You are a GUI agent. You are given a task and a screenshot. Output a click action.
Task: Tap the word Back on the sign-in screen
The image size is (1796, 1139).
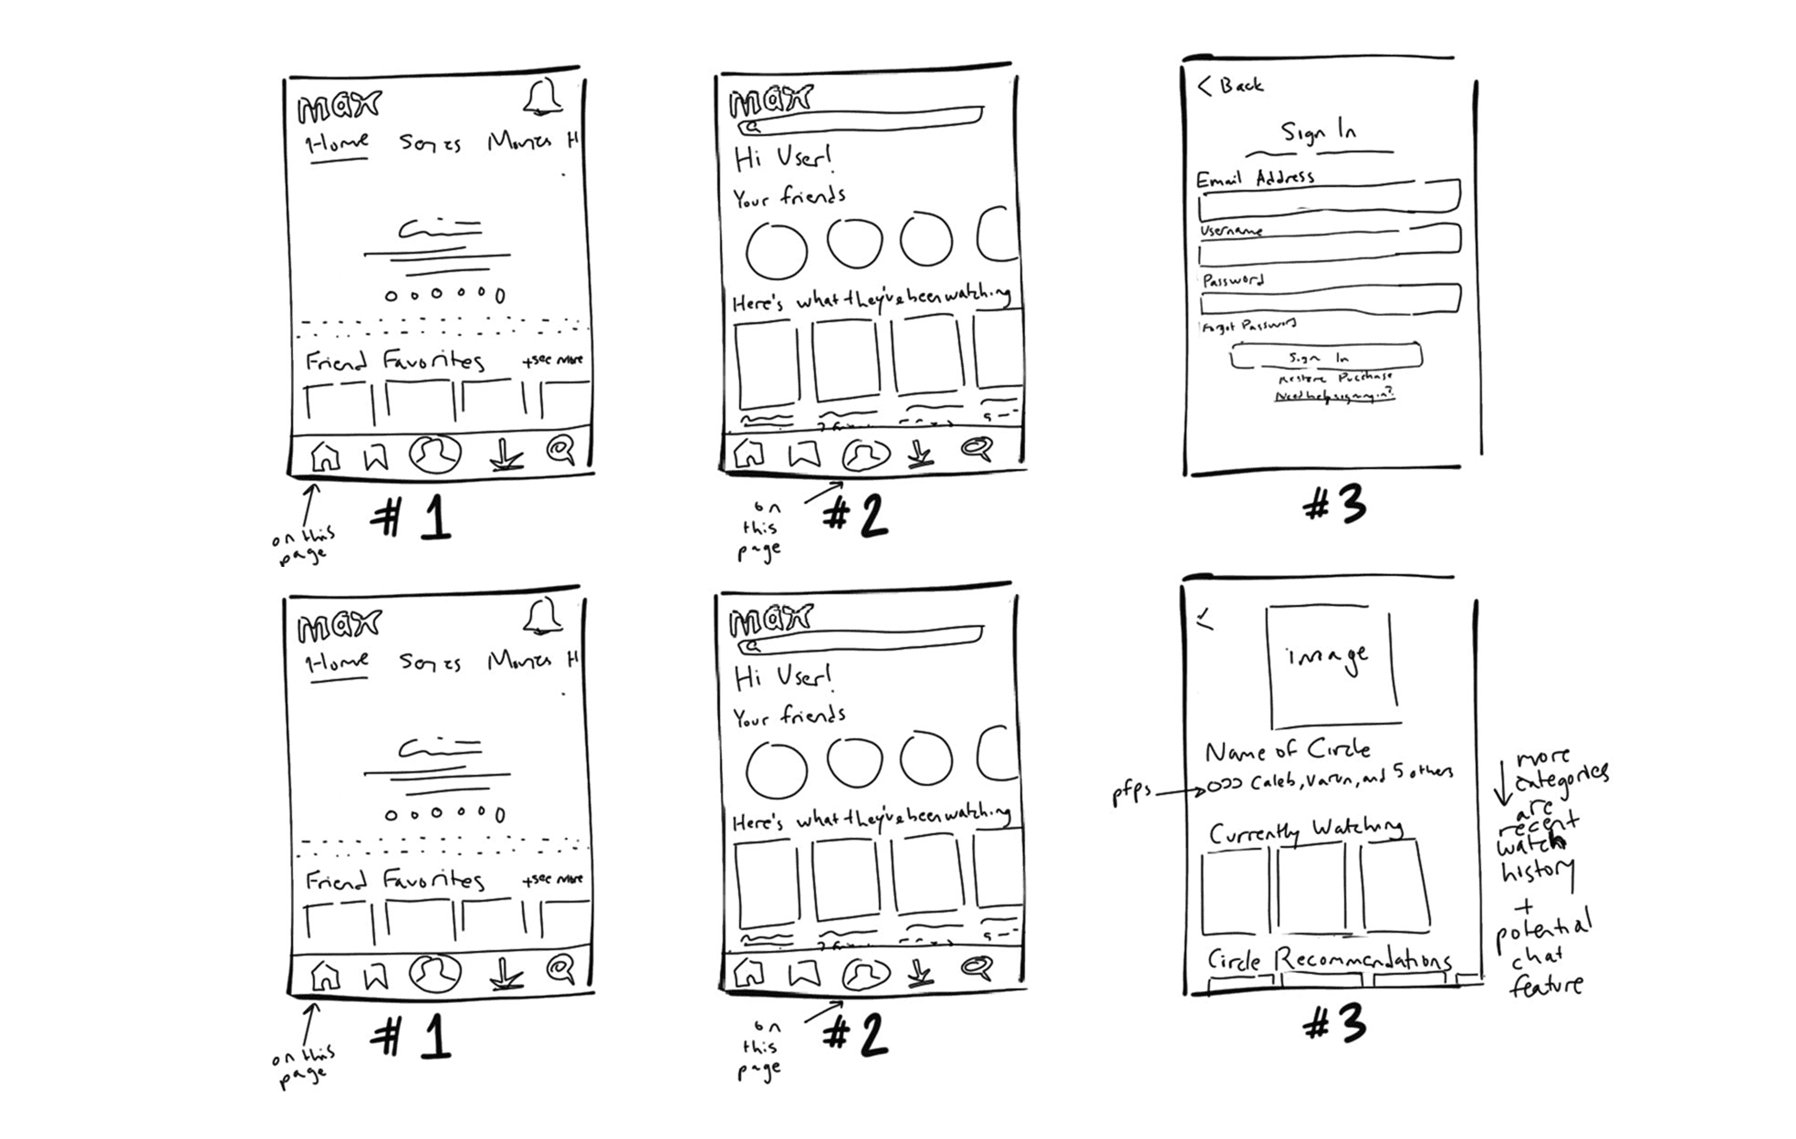click(1241, 85)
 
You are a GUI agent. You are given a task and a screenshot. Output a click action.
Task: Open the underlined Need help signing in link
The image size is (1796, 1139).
click(1333, 396)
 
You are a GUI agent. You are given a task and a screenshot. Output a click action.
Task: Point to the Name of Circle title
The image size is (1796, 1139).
click(1287, 751)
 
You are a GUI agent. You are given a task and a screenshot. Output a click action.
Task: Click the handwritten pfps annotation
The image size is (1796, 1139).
click(1131, 792)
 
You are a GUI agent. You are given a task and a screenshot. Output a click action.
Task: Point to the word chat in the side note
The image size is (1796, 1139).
click(1536, 957)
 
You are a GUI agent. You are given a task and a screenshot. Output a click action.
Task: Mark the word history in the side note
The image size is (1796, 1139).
click(1537, 872)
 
